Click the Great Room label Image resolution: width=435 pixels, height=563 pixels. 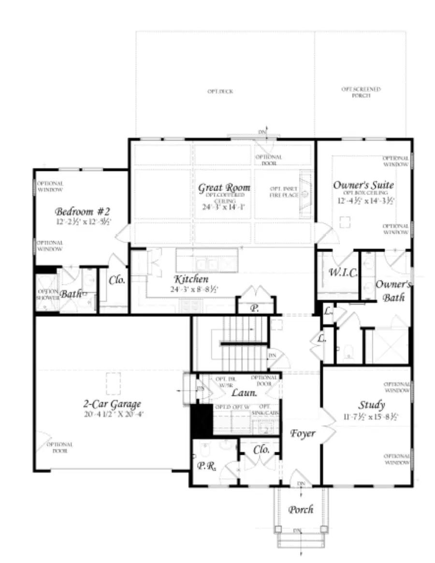224,188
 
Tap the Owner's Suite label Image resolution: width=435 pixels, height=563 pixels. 363,185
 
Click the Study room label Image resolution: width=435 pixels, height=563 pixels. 371,405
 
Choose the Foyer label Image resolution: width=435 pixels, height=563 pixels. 303,433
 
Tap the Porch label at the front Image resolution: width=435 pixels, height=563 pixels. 301,509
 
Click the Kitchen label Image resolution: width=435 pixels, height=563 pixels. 191,279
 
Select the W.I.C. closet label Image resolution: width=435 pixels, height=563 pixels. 343,273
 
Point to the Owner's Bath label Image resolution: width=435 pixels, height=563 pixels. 393,291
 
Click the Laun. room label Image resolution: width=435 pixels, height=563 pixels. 240,393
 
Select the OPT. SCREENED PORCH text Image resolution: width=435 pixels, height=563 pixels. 361,92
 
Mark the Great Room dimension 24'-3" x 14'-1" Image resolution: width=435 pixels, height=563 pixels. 224,206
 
